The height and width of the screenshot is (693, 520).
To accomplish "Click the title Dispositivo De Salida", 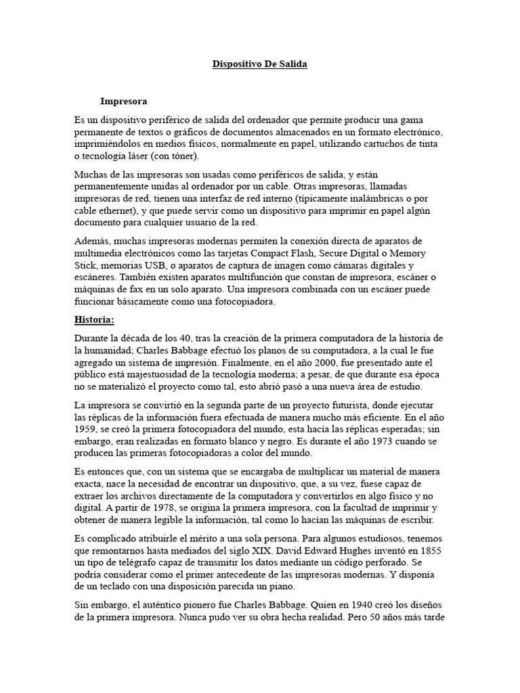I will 260,64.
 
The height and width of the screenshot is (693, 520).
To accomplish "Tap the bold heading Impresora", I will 123,102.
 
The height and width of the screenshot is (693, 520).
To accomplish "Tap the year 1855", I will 427,551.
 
